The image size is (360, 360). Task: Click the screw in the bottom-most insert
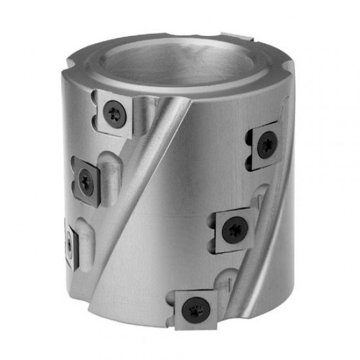pos(194,308)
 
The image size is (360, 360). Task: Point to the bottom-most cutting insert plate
pos(194,308)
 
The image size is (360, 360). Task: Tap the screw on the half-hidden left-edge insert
pos(69,243)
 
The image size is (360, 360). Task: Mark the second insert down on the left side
pos(86,178)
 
